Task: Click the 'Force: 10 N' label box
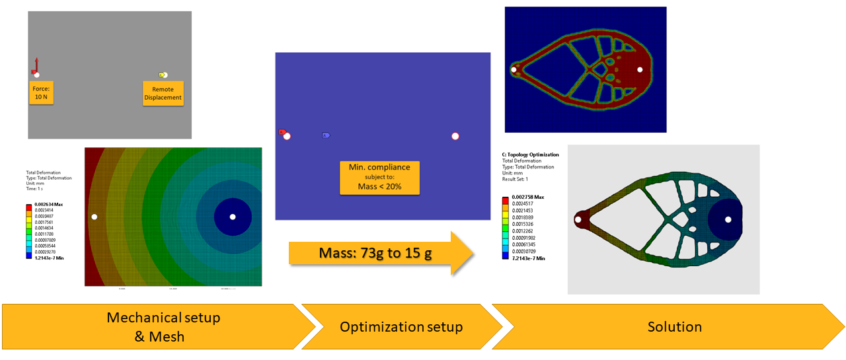[42, 92]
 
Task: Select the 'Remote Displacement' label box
[163, 93]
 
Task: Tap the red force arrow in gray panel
[36, 65]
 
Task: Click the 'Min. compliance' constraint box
[379, 177]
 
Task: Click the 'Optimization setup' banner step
[401, 326]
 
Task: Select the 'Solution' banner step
[674, 326]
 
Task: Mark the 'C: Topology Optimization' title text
[531, 155]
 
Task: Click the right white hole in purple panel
[455, 137]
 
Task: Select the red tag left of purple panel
[282, 132]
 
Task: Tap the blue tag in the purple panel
[326, 135]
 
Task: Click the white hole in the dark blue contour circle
[232, 217]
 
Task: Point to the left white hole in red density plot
[514, 69]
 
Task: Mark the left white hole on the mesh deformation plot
[95, 217]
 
